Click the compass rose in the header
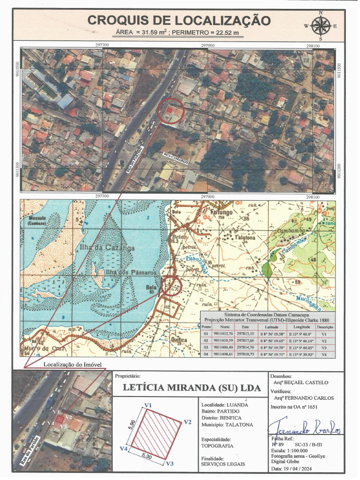click(320, 25)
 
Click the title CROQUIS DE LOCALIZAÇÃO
click(179, 21)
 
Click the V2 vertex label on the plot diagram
click(187, 422)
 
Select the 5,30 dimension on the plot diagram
click(149, 455)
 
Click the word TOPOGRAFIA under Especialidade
click(217, 446)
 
